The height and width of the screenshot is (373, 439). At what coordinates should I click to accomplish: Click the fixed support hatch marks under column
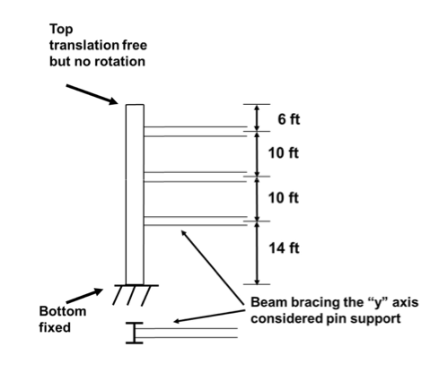[x=135, y=293]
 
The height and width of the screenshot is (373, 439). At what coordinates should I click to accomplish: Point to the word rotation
[x=125, y=63]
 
